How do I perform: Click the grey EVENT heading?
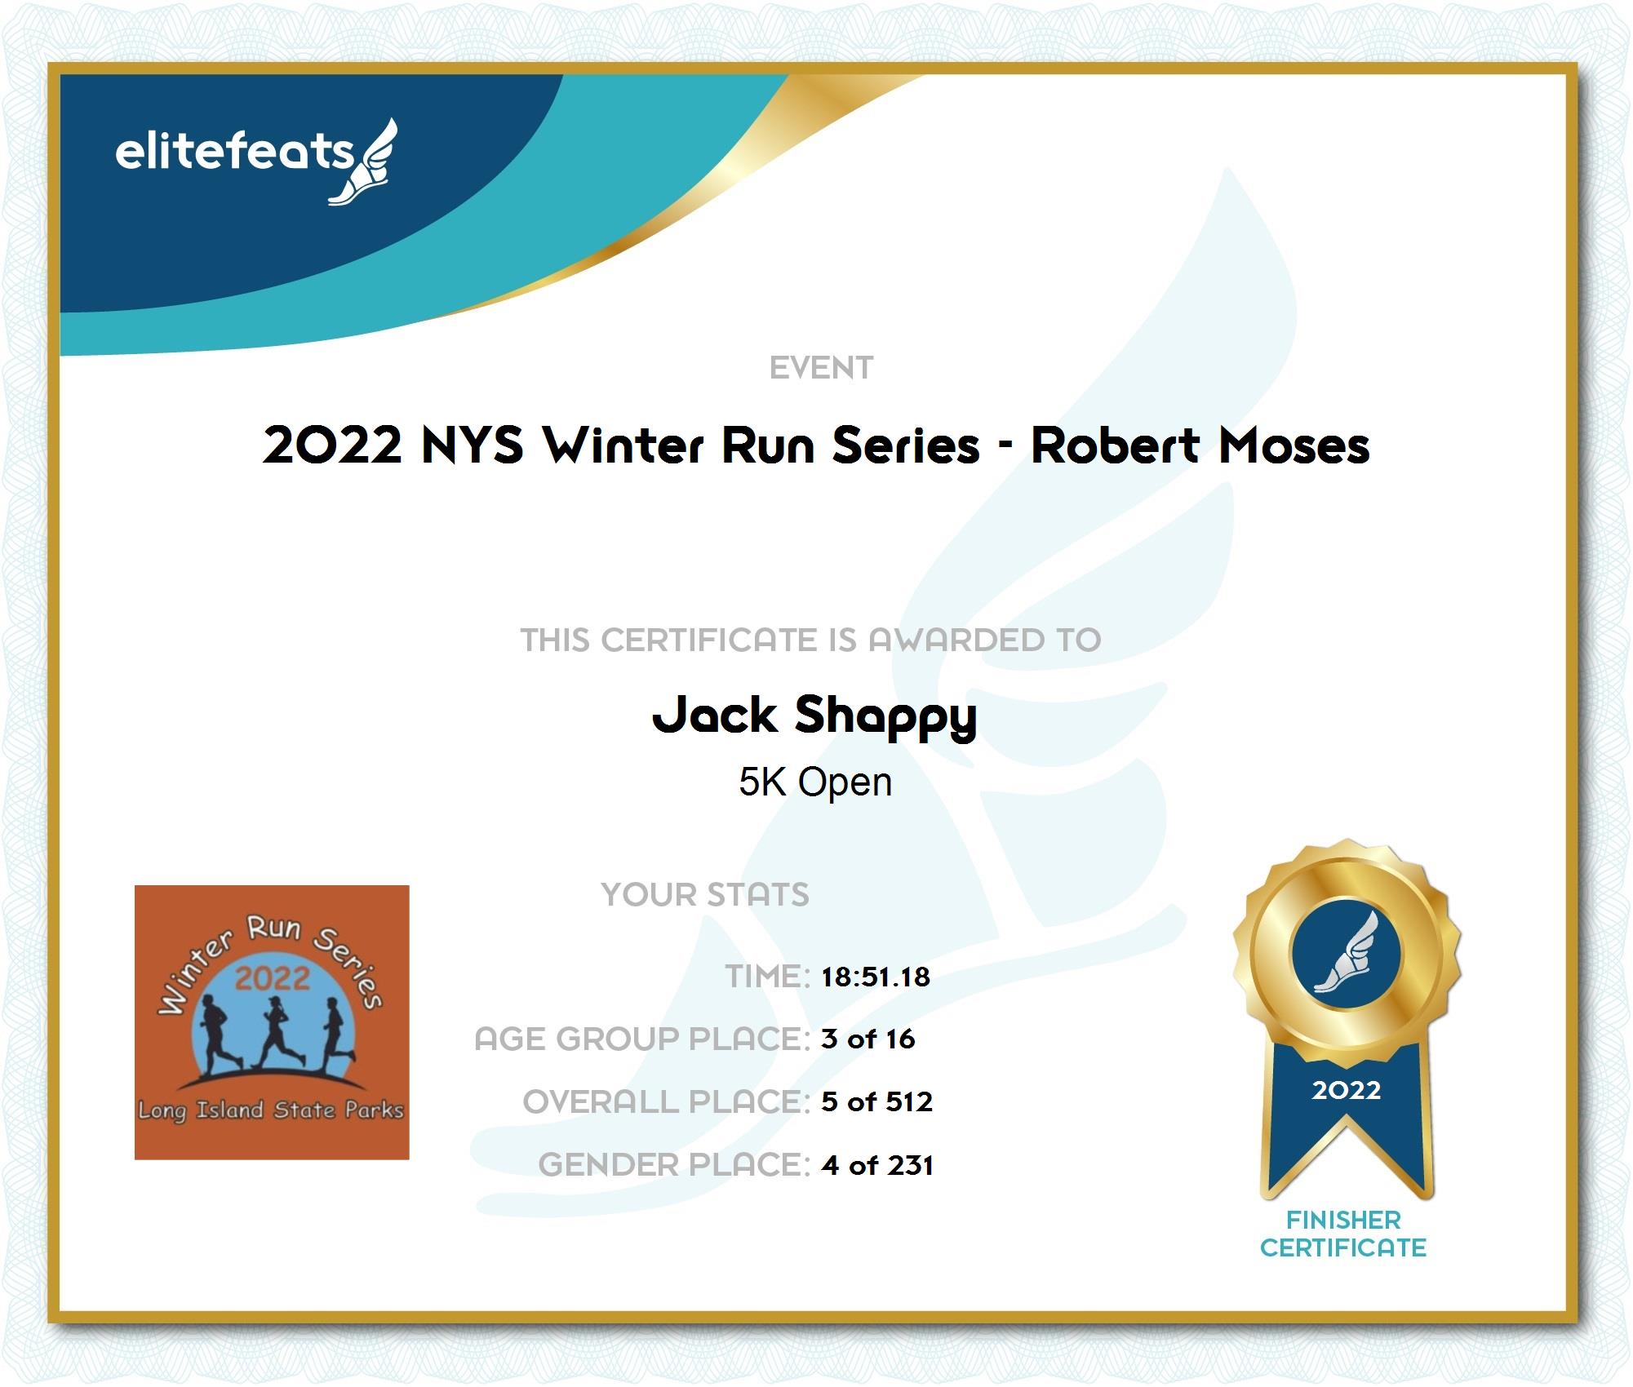[x=821, y=368]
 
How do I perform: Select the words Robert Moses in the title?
[x=1200, y=445]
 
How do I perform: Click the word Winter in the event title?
[x=623, y=445]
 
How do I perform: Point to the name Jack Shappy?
[x=814, y=716]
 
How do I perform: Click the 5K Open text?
[x=815, y=782]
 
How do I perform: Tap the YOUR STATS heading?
[x=705, y=894]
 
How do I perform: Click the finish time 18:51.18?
[x=876, y=977]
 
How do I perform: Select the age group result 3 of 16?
[x=868, y=1039]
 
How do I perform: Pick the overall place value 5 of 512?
[x=876, y=1101]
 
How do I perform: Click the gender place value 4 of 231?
[x=877, y=1165]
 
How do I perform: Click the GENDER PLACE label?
[x=674, y=1165]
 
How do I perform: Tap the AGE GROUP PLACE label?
[x=642, y=1039]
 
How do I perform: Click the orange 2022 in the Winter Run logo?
[x=273, y=978]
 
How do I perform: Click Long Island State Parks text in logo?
[x=271, y=1110]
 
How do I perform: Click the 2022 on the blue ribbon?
[x=1347, y=1090]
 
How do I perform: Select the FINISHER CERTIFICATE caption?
[x=1343, y=1234]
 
